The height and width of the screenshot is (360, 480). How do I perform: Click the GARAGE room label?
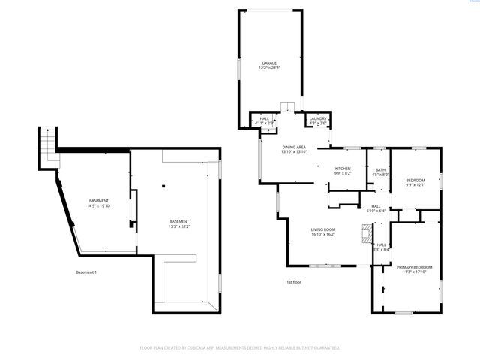(x=268, y=63)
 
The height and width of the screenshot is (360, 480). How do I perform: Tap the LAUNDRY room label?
(x=318, y=118)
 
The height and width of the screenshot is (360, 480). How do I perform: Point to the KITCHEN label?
(x=342, y=169)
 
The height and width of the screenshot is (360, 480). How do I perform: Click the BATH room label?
(x=380, y=170)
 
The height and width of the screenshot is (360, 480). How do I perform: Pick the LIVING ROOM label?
(x=323, y=229)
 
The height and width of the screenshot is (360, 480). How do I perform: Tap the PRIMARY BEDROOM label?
(x=414, y=267)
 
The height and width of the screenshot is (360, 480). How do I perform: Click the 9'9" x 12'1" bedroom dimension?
(x=415, y=185)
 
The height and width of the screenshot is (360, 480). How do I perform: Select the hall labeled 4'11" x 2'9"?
(x=265, y=123)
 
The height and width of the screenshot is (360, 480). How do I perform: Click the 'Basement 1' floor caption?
(x=86, y=271)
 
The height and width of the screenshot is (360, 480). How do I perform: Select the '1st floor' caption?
(x=293, y=281)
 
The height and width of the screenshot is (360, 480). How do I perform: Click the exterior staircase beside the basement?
(x=47, y=142)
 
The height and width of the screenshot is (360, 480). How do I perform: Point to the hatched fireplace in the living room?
(x=366, y=236)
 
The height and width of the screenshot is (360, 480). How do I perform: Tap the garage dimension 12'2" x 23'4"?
(x=268, y=68)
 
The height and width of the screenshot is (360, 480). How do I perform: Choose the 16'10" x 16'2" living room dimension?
(x=323, y=234)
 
